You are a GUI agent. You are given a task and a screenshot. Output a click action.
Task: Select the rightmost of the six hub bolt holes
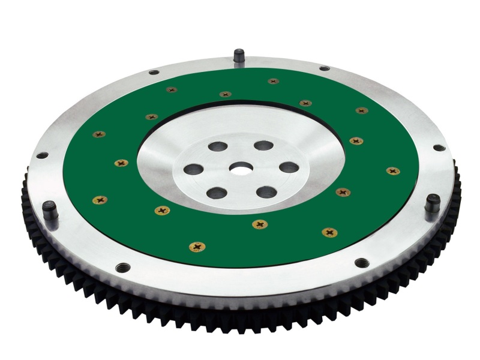pos(289,167)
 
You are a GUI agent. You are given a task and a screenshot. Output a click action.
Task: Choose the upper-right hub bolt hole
pos(263,145)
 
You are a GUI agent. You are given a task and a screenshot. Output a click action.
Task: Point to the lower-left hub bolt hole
pos(217,193)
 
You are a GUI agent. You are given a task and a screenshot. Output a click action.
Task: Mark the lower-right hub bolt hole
pos(266,192)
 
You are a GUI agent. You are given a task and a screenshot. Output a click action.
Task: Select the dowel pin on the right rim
pos(432,204)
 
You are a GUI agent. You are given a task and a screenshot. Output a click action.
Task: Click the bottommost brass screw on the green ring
pos(196,247)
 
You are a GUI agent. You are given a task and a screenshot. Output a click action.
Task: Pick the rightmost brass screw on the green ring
pos(393,171)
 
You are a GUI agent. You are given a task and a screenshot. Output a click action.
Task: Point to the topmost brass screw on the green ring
pos(273,81)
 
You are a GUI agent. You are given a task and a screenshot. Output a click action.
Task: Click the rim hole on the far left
pos(41,155)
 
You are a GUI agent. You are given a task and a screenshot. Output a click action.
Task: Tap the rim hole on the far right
pos(439,148)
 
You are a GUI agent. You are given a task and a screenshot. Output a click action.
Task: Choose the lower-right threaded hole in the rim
pos(361,262)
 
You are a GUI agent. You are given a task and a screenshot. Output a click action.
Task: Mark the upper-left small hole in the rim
pos(154,73)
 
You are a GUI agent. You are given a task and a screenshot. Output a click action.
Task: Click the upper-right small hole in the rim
pos(324,68)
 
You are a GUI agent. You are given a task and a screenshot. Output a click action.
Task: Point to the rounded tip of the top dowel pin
pos(239,51)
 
